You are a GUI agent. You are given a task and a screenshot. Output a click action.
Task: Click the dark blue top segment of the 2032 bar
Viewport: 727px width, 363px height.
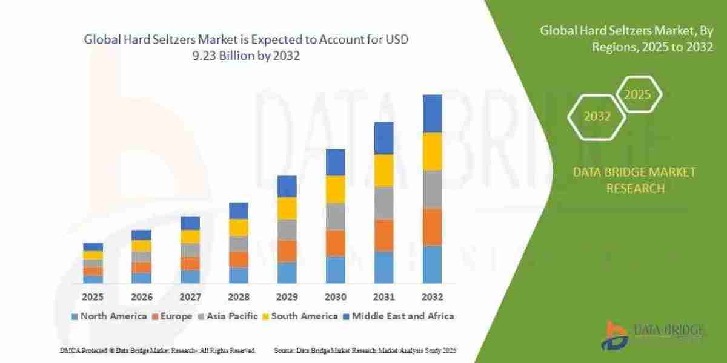point(432,114)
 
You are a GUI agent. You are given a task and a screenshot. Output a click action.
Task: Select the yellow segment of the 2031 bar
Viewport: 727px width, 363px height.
point(383,171)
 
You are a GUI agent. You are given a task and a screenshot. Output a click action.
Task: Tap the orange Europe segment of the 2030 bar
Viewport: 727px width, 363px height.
point(335,243)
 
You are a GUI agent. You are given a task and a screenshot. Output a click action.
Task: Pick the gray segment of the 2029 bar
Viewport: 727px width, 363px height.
point(287,230)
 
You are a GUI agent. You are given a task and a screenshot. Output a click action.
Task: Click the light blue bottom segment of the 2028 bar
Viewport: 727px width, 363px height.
point(238,275)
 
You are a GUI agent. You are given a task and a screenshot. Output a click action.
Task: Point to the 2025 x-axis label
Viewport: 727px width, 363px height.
point(93,297)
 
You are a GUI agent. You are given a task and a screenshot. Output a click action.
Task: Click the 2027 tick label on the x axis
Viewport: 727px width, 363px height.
point(190,297)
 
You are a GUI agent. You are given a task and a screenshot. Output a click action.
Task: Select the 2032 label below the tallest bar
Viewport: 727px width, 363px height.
point(432,297)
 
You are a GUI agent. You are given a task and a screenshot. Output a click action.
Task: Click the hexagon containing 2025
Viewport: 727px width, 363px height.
point(638,95)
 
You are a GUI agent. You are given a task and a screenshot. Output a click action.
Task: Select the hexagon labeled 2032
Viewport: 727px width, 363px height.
point(597,117)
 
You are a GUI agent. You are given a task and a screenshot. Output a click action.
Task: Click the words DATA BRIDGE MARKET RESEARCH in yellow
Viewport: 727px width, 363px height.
point(634,180)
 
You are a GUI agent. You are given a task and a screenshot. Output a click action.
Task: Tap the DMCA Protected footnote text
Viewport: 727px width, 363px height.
point(158,351)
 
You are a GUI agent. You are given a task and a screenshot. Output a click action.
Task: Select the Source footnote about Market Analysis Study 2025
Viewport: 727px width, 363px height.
point(365,351)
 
